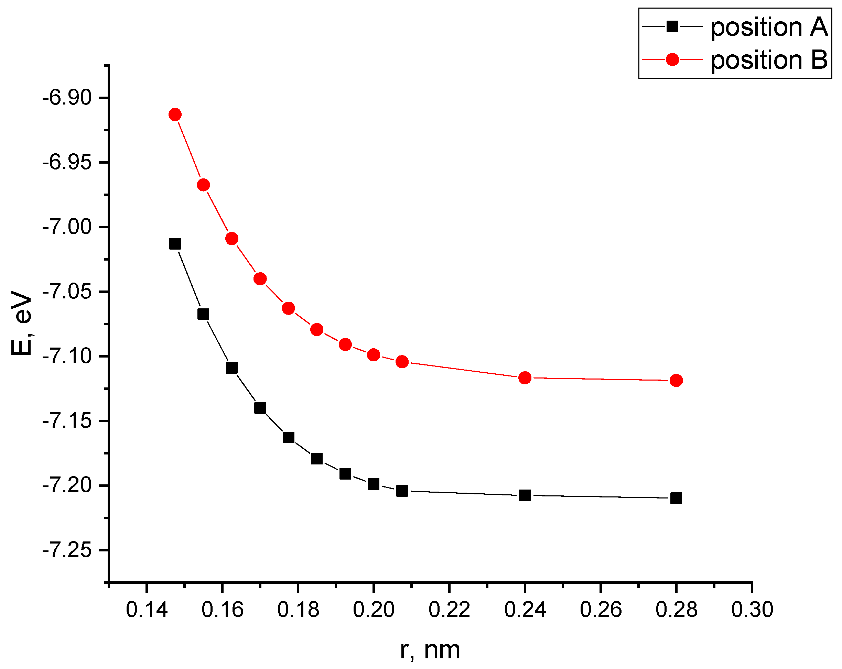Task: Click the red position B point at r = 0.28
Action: (676, 380)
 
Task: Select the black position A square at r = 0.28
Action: (676, 498)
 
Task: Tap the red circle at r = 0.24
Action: (525, 378)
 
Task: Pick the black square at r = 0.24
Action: (525, 495)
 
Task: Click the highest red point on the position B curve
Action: (175, 114)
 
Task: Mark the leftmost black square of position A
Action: (175, 244)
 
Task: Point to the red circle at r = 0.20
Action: (373, 355)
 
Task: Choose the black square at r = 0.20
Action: (373, 484)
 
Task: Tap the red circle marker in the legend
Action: (672, 60)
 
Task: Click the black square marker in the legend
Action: (672, 27)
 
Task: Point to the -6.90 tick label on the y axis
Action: (67, 98)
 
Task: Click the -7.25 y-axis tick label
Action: (67, 550)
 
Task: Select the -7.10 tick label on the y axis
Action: (67, 357)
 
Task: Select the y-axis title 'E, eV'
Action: (21, 323)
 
